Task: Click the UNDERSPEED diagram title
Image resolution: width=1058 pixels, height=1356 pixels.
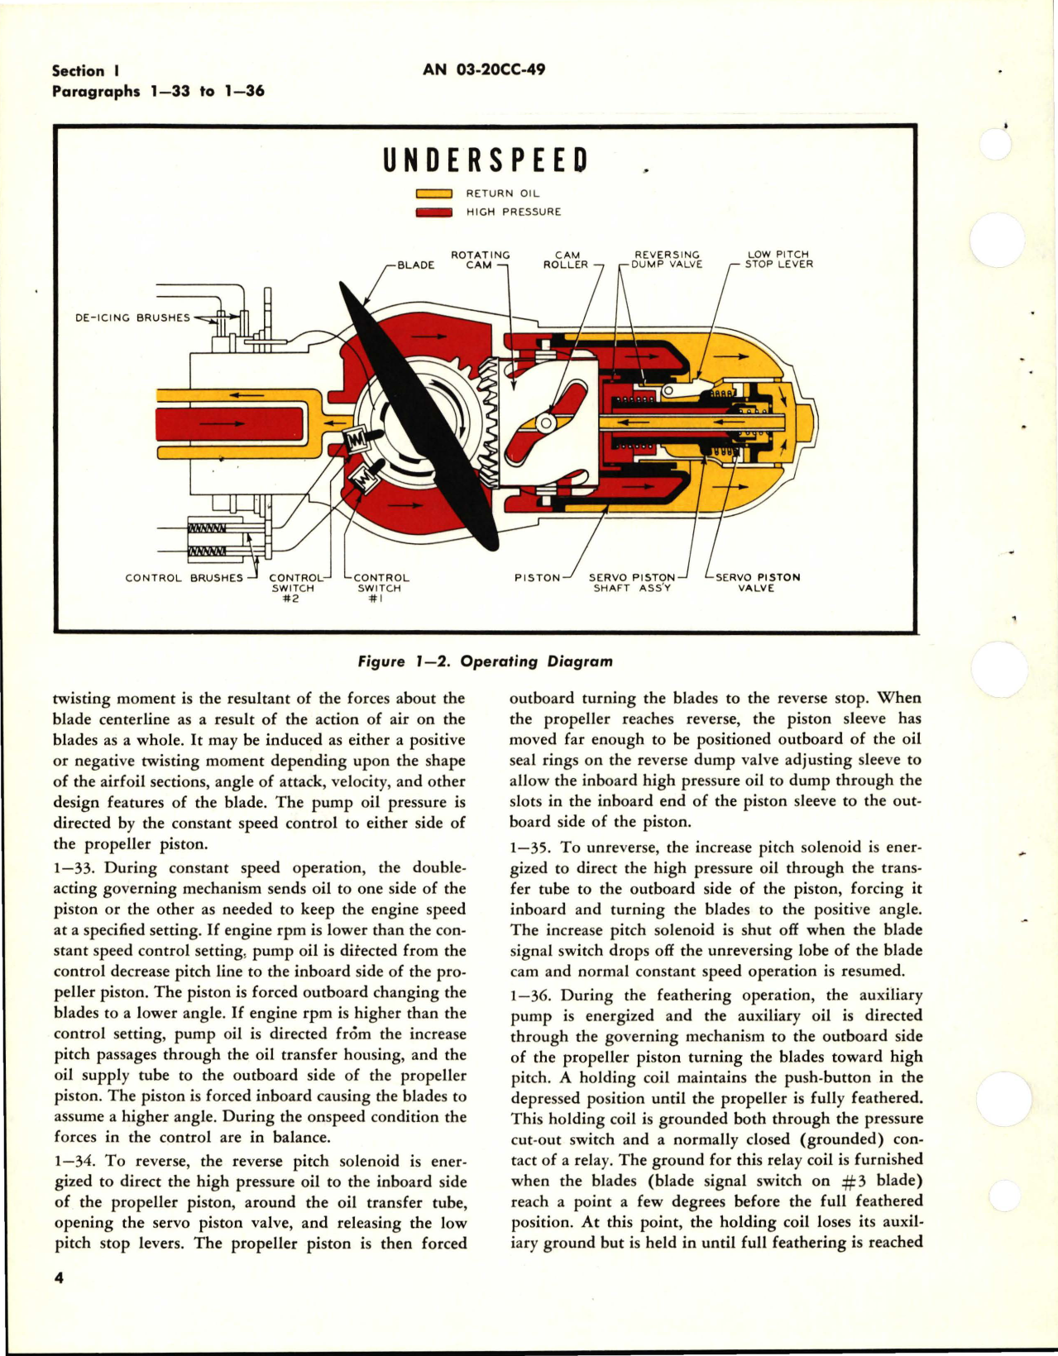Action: pyautogui.click(x=486, y=160)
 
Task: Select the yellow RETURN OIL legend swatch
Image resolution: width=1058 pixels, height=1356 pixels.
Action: pyautogui.click(x=433, y=193)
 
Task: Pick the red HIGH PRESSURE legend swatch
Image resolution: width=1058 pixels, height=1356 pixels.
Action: pyautogui.click(x=433, y=212)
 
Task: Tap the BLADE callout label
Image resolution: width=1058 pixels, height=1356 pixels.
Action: pyautogui.click(x=415, y=265)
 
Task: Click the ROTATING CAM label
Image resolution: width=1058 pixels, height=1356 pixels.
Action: pyautogui.click(x=480, y=260)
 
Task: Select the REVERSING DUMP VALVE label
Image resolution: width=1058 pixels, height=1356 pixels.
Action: pyautogui.click(x=666, y=260)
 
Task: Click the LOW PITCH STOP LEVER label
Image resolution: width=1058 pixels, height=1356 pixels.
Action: pyautogui.click(x=778, y=260)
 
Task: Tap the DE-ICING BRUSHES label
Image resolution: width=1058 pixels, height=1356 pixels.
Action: pyautogui.click(x=132, y=318)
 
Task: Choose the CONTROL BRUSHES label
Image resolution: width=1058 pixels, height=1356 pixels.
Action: pyautogui.click(x=184, y=578)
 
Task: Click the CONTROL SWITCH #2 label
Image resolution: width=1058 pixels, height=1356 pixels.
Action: pyautogui.click(x=294, y=588)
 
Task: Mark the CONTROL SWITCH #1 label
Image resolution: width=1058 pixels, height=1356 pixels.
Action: pyautogui.click(x=380, y=588)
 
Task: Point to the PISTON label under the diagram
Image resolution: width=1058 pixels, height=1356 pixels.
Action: pyautogui.click(x=537, y=578)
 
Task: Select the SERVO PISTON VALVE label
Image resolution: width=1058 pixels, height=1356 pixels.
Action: pyautogui.click(x=757, y=582)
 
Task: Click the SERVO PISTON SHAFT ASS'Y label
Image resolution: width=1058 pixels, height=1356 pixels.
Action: pyautogui.click(x=632, y=582)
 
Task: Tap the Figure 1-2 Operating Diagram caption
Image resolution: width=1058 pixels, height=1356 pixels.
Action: pyautogui.click(x=486, y=661)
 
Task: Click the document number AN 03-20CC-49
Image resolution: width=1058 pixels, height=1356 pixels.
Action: pyautogui.click(x=484, y=69)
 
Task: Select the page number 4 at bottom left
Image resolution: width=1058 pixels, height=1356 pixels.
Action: pyautogui.click(x=59, y=1277)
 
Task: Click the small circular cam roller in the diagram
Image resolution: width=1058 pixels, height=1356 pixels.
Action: pyautogui.click(x=546, y=423)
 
